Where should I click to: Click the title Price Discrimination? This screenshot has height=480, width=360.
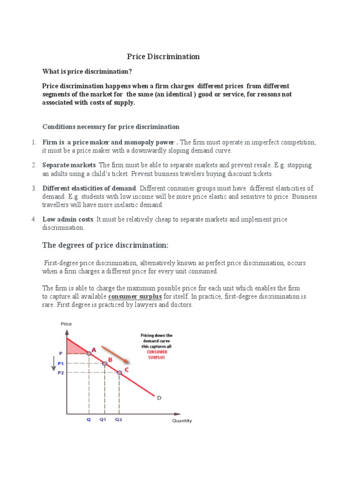(163, 57)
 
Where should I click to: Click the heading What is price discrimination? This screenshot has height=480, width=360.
(87, 72)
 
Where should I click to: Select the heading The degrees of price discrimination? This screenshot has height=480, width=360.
(105, 246)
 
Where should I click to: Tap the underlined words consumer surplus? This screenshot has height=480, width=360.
(135, 297)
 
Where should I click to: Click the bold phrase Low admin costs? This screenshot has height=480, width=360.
(68, 219)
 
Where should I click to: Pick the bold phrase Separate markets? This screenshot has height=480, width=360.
(69, 165)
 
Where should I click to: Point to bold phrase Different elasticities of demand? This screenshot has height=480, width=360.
(89, 188)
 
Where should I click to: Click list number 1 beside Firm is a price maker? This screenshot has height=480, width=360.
(34, 142)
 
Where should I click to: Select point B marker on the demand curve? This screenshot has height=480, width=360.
(105, 363)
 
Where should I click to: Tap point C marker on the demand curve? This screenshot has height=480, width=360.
(120, 372)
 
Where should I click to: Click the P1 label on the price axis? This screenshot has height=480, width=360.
(61, 364)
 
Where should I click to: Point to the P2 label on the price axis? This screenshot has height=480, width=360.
(61, 373)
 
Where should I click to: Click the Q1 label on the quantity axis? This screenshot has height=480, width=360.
(104, 420)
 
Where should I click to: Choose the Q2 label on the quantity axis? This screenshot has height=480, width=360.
(119, 420)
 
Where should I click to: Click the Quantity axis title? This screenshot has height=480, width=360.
(181, 420)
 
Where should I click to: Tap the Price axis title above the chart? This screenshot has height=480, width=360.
(66, 324)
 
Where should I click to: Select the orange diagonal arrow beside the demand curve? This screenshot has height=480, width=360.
(114, 352)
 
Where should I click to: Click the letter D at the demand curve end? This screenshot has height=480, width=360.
(159, 398)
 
